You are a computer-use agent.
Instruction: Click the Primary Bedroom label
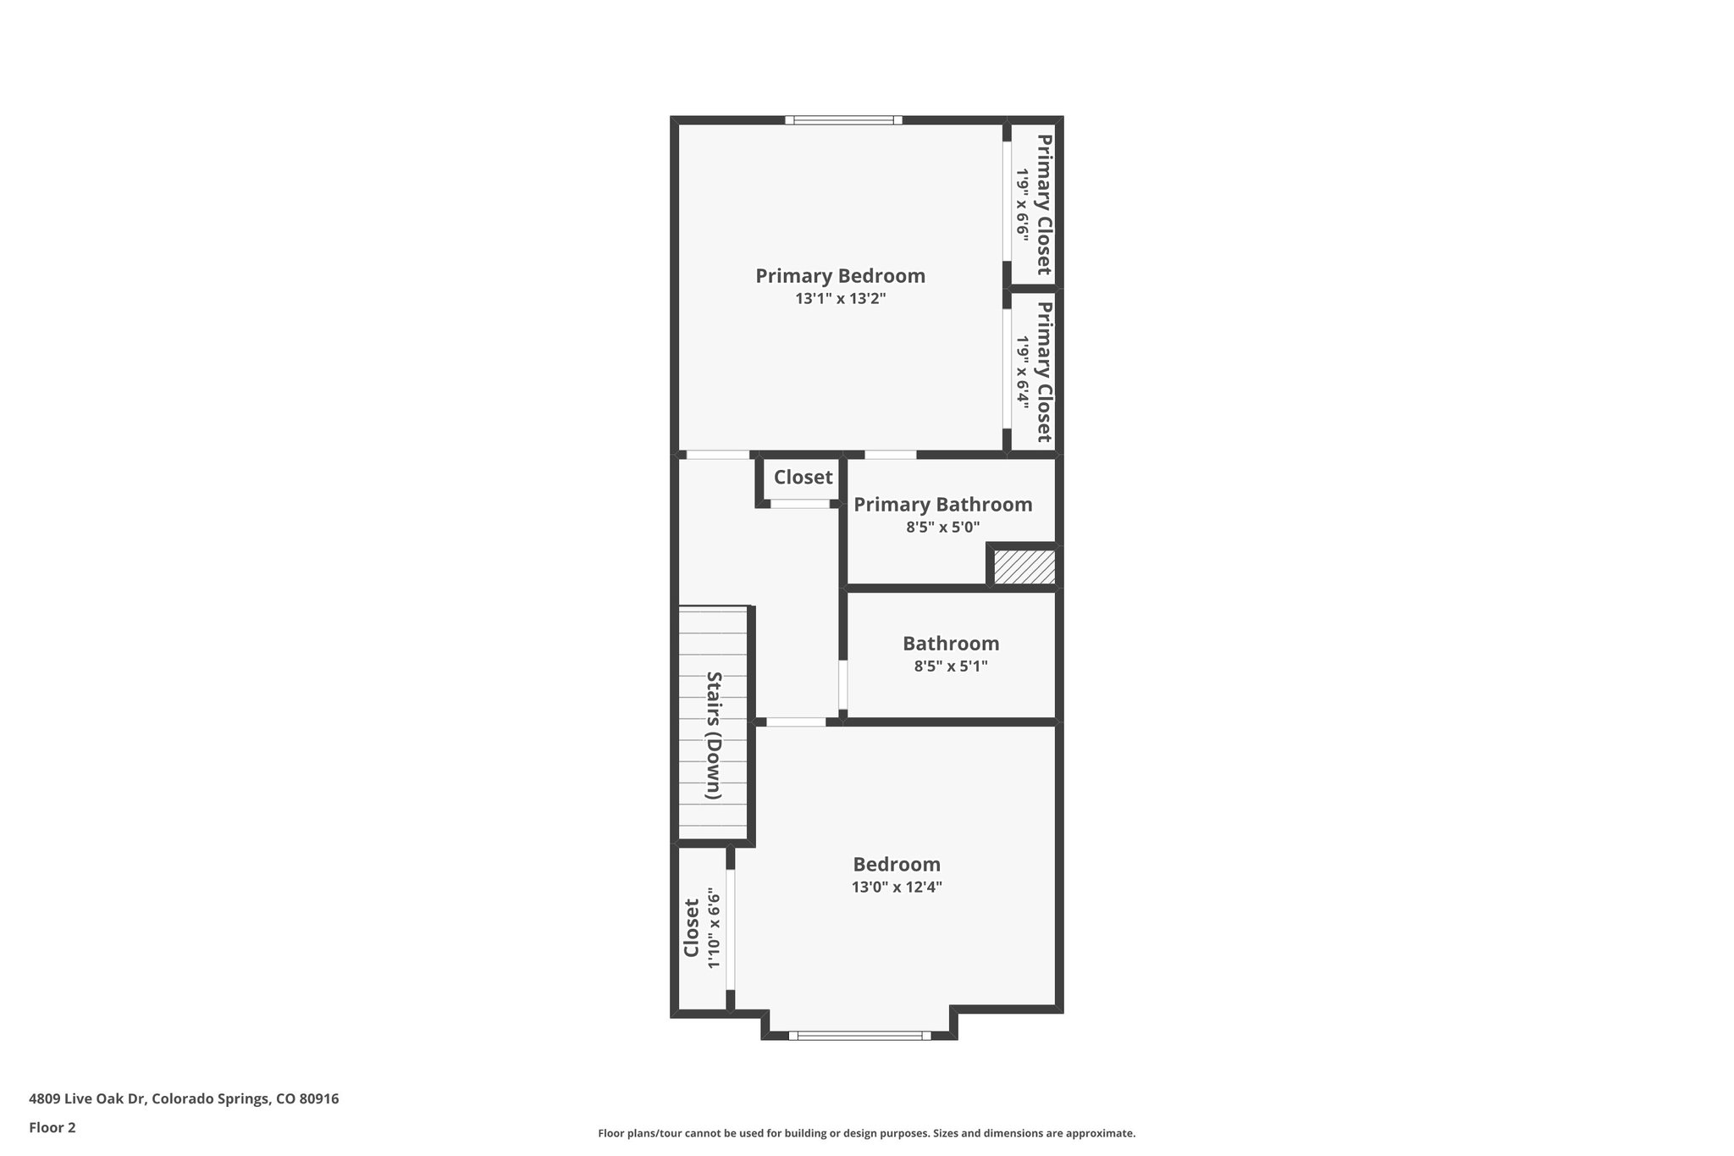point(840,276)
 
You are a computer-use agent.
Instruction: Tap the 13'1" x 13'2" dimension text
point(840,299)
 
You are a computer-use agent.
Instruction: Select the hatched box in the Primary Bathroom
point(1024,567)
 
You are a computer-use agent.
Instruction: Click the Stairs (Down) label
point(714,735)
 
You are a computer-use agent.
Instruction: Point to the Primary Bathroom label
point(942,505)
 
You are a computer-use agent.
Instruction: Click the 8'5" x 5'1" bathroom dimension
point(950,666)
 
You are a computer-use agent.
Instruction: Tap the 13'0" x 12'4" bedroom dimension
point(896,888)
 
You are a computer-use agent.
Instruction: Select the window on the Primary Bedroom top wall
point(843,120)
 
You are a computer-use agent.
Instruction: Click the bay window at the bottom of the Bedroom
point(859,1035)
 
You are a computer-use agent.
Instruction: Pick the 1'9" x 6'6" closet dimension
point(1022,205)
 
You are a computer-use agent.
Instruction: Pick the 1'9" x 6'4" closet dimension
point(1022,373)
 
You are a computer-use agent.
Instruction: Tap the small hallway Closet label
point(803,478)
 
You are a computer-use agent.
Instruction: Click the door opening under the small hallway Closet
point(799,504)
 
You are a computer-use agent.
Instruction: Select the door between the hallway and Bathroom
point(842,684)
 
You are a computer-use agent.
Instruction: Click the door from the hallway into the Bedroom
point(796,722)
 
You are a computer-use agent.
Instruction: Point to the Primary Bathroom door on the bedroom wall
point(890,455)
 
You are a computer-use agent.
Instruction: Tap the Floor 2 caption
point(52,1127)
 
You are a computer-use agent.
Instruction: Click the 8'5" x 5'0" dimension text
point(942,528)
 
